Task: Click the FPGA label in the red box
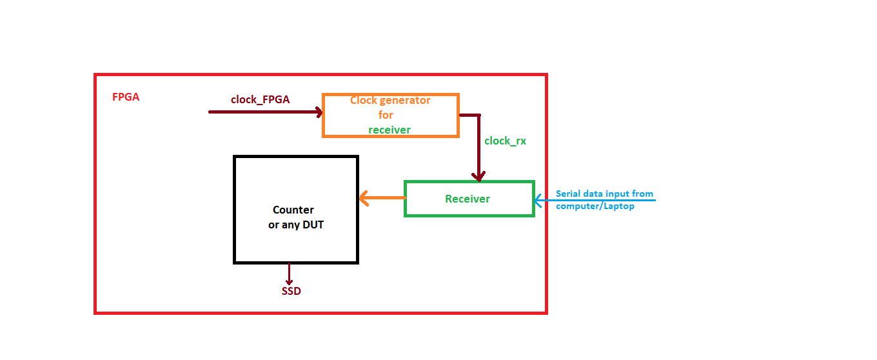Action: (x=126, y=97)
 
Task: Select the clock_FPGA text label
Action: (x=260, y=99)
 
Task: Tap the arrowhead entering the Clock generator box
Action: (x=317, y=112)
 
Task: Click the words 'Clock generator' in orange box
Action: (x=390, y=101)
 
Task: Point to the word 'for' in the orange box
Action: (x=386, y=115)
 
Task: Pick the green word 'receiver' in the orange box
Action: (x=389, y=130)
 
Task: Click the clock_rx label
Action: (x=505, y=141)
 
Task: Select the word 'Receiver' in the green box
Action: (x=468, y=199)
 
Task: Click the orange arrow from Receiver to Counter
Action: (x=381, y=198)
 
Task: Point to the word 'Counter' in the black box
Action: (x=293, y=210)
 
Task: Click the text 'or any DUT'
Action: (x=295, y=225)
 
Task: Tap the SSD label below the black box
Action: (x=291, y=291)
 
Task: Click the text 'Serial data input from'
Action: (x=604, y=194)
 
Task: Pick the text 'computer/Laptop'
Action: (x=595, y=206)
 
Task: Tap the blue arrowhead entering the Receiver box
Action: (x=538, y=201)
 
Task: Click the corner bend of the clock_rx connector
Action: (x=478, y=116)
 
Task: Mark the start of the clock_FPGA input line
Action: (x=210, y=112)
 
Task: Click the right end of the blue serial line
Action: (x=654, y=201)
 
